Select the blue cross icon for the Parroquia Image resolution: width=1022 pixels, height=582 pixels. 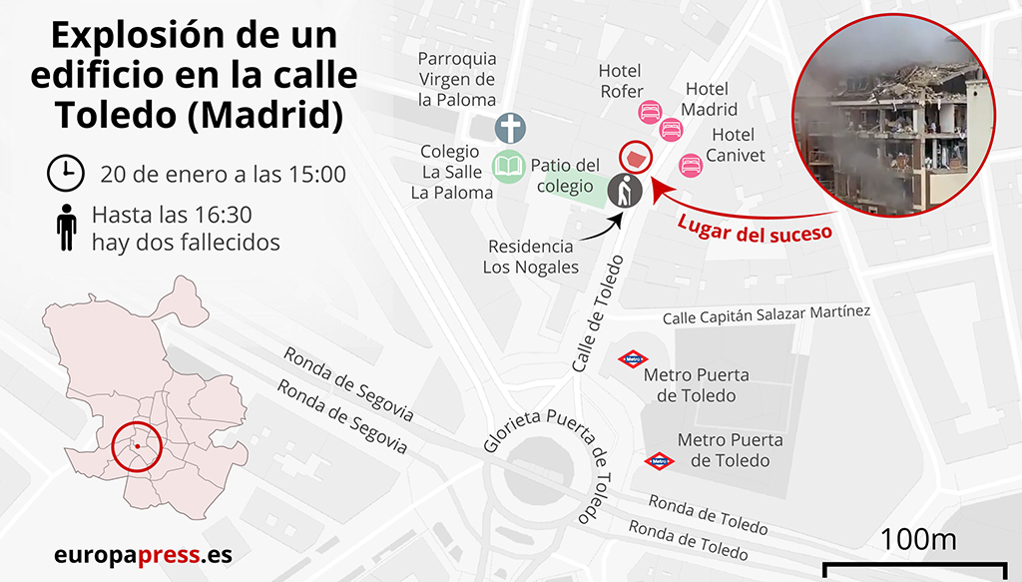pyautogui.click(x=510, y=128)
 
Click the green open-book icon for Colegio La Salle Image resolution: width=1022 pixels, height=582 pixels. pyautogui.click(x=508, y=165)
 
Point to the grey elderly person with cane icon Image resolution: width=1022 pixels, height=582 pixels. pyautogui.click(x=625, y=191)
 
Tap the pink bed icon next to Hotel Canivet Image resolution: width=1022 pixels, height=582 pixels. pyautogui.click(x=690, y=164)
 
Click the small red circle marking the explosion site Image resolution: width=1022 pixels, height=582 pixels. pyautogui.click(x=635, y=157)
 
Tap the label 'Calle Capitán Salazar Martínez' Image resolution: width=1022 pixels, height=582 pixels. pyautogui.click(x=766, y=314)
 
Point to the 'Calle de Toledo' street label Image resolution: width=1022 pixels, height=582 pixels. pyautogui.click(x=598, y=314)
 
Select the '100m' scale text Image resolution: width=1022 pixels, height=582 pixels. pyautogui.click(x=918, y=539)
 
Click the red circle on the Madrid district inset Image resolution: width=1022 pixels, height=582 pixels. pyautogui.click(x=137, y=446)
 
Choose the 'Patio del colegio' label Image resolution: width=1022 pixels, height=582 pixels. pyautogui.click(x=565, y=175)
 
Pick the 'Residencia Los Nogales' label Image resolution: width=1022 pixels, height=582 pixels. pyautogui.click(x=530, y=257)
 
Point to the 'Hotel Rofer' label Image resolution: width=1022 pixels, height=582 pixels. pyautogui.click(x=620, y=81)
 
